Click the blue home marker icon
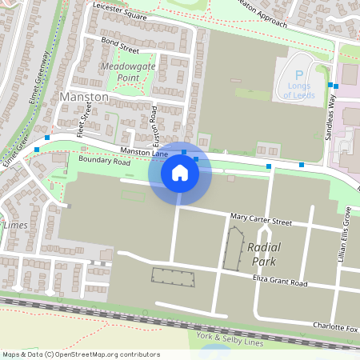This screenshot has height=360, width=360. coord(180,173)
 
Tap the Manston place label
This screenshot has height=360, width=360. coord(84,96)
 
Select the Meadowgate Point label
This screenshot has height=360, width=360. coord(128,70)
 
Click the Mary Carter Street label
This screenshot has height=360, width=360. coord(261,218)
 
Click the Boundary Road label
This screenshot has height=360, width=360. coord(104,161)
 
